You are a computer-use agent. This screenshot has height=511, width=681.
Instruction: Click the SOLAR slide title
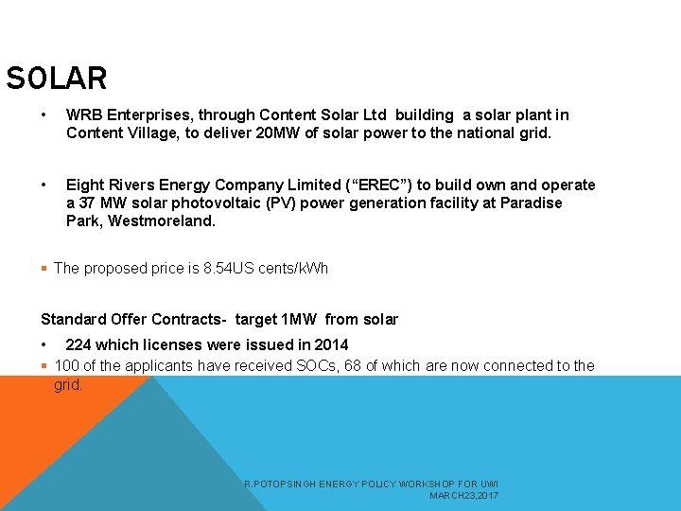pos(57,78)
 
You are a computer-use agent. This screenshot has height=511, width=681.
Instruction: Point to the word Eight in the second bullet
pos(85,185)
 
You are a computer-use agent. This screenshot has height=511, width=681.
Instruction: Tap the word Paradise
pos(531,203)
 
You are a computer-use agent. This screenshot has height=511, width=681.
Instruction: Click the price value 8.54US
pos(227,269)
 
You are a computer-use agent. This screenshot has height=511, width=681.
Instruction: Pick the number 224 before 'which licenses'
pos(79,345)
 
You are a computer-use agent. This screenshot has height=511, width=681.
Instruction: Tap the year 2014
pos(331,345)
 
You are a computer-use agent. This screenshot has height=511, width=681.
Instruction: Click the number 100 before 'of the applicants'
pos(67,366)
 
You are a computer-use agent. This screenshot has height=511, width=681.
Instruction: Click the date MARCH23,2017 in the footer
pos(463,496)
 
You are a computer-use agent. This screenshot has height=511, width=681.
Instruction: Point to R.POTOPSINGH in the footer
pos(276,485)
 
